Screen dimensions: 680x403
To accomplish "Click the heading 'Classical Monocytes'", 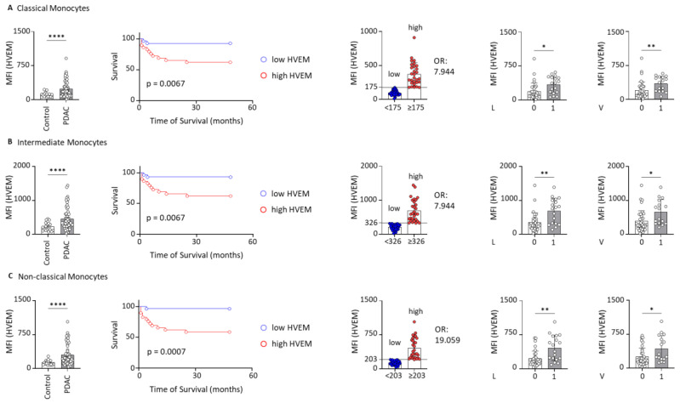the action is [x=53, y=9].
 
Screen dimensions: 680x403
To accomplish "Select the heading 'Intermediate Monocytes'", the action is [x=62, y=142].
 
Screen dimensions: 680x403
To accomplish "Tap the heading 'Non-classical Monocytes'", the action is [x=63, y=276].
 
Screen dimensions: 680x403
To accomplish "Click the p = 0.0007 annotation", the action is [x=166, y=351].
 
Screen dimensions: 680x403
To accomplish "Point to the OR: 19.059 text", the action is [x=447, y=334].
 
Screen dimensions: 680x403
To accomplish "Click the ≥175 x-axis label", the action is [x=415, y=107].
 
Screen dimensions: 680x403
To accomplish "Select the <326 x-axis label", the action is [x=393, y=241].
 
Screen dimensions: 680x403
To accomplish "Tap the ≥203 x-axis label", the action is [x=416, y=375].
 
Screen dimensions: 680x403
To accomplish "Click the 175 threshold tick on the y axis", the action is [x=371, y=87].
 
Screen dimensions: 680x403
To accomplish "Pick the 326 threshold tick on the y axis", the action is [x=371, y=223].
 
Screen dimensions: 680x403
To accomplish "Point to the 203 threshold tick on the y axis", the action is [x=371, y=360].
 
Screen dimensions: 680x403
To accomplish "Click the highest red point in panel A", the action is [x=414, y=37].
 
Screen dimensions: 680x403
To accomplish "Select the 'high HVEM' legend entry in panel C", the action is [x=286, y=343].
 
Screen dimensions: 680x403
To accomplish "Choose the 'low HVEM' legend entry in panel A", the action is [x=285, y=60].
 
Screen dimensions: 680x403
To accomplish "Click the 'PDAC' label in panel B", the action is [x=66, y=250].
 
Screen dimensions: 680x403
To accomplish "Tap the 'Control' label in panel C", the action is [x=48, y=387].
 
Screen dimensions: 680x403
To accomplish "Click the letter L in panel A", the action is [x=493, y=108].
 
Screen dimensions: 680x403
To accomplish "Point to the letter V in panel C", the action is [x=601, y=376].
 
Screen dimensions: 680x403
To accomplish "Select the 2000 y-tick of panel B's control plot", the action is [x=22, y=166].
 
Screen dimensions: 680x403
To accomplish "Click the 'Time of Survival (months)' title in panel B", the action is [x=197, y=255].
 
